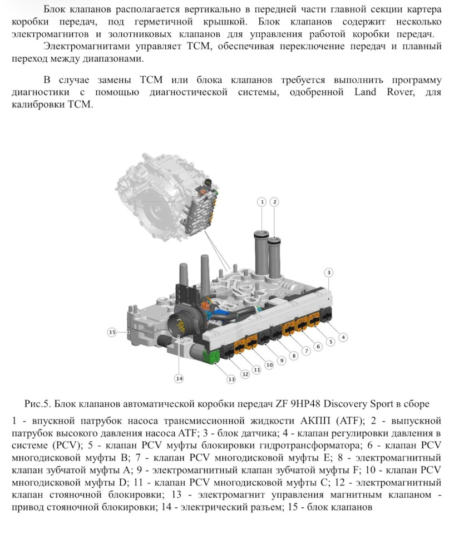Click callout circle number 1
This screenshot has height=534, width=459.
tap(261, 201)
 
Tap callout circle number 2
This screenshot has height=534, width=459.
tap(274, 201)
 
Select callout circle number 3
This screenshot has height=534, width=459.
tap(329, 273)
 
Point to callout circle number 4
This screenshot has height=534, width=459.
tap(344, 337)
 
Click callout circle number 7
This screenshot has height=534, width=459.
tap(305, 350)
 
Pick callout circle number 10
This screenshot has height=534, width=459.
tap(269, 365)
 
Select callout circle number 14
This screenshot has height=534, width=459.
tap(179, 378)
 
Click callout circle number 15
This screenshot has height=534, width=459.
tap(112, 332)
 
